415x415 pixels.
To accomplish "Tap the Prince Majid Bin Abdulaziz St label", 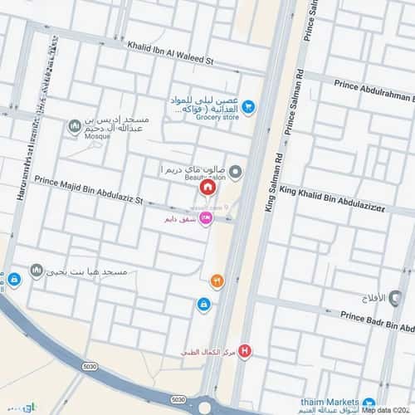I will point(89,190).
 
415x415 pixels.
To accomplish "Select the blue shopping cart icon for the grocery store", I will point(247,106).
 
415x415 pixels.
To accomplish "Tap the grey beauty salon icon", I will point(236,173).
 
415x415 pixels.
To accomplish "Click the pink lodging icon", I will point(206,217).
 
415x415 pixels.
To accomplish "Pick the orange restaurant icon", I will point(217,282).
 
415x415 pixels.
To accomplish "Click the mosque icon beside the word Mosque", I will point(75,126).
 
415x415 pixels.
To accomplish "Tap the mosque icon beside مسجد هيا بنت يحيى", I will point(37,271).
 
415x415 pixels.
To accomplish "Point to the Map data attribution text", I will point(387,410).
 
